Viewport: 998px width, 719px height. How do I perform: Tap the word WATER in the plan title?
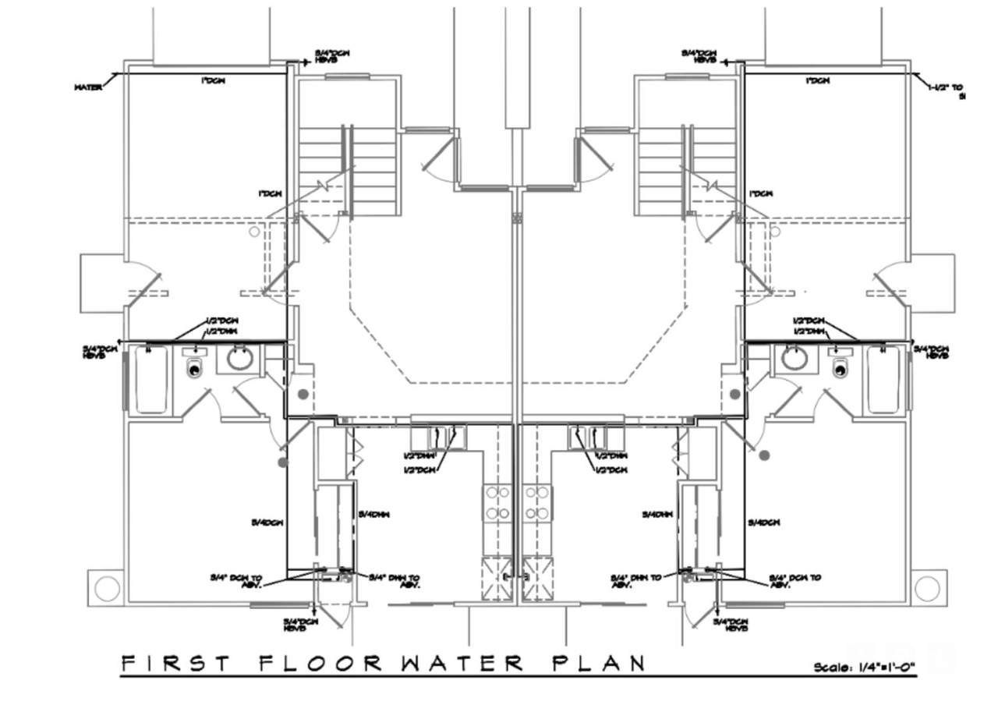[463, 664]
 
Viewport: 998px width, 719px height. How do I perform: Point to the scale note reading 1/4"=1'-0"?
[865, 668]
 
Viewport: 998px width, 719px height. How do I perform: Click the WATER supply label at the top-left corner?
[88, 87]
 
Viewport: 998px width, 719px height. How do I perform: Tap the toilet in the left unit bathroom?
[194, 367]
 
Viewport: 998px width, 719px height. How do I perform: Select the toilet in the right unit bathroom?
[841, 367]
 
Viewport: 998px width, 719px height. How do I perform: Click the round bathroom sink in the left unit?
[240, 359]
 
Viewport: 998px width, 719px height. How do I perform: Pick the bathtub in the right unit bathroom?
[883, 380]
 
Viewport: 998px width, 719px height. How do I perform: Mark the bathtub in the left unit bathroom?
[151, 380]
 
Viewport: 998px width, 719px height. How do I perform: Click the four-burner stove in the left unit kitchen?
[497, 503]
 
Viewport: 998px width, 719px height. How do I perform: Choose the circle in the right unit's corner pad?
[927, 588]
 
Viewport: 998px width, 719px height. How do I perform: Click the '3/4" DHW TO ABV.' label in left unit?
[395, 582]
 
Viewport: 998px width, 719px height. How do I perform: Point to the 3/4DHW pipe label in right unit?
[657, 515]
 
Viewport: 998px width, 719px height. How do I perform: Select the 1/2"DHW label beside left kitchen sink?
[419, 455]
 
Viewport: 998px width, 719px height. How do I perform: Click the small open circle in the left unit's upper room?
[253, 232]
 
